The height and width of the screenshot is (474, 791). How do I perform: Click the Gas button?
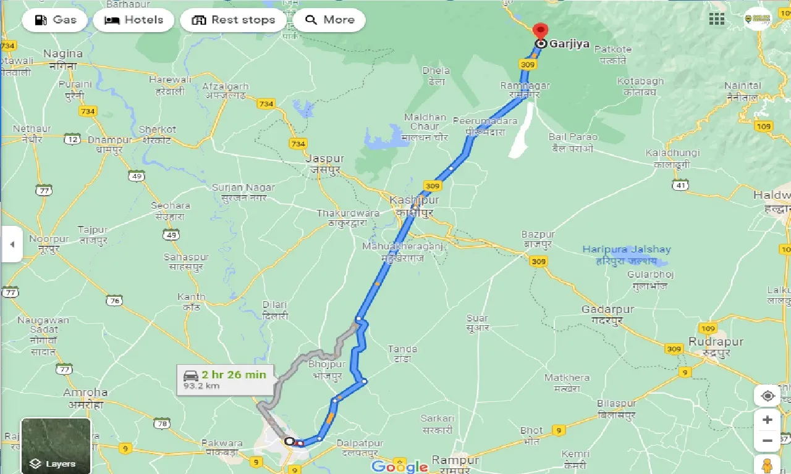point(56,20)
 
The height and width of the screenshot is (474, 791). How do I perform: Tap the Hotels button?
point(134,20)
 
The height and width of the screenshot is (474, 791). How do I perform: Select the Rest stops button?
point(233,20)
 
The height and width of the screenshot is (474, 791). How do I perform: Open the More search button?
point(329,20)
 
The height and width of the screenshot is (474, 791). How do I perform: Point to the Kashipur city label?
point(414,201)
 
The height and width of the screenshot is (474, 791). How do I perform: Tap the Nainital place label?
point(742,85)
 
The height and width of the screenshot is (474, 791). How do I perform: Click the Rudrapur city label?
point(716,342)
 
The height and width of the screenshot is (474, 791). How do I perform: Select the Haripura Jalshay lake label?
point(627,250)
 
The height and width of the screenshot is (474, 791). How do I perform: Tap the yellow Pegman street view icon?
point(768,464)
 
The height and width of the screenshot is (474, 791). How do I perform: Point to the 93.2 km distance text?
point(201,386)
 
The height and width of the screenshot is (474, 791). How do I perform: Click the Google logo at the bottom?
point(400,466)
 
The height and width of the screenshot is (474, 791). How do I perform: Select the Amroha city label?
point(85,393)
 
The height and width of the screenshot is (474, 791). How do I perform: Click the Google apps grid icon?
point(717,19)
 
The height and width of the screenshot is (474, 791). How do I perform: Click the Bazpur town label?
point(538,235)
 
